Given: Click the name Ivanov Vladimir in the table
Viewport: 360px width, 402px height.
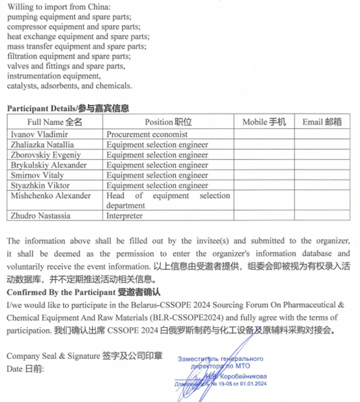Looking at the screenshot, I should pyautogui.click(x=39, y=134).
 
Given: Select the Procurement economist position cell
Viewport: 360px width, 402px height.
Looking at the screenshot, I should pyautogui.click(x=147, y=134).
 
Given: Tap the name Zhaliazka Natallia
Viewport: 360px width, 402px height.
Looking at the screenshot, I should pyautogui.click(x=42, y=145).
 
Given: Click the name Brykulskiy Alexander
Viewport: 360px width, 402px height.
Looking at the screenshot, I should pyautogui.click(x=48, y=165).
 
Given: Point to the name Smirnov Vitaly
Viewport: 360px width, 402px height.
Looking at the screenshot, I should pyautogui.click(x=37, y=175).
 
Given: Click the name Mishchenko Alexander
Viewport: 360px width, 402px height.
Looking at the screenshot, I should pyautogui.click(x=51, y=196).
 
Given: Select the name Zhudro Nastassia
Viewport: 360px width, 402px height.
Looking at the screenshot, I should pyautogui.click(x=40, y=216).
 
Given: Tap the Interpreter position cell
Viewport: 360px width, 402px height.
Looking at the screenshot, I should pyautogui.click(x=124, y=216).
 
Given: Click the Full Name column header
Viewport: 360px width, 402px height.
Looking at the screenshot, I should pyautogui.click(x=55, y=122).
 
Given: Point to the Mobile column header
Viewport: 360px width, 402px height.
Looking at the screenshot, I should pyautogui.click(x=264, y=122).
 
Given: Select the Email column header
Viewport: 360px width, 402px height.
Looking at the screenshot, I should pyautogui.click(x=322, y=122).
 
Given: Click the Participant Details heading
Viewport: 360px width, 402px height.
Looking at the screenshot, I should pyautogui.click(x=67, y=108).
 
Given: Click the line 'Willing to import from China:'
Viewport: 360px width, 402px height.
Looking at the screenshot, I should pyautogui.click(x=59, y=7).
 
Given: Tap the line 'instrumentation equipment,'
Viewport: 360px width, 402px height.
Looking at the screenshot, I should pyautogui.click(x=54, y=76).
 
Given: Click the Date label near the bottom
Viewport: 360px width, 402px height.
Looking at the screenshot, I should pyautogui.click(x=25, y=369).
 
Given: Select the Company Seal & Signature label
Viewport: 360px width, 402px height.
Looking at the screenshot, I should pyautogui.click(x=84, y=356).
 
